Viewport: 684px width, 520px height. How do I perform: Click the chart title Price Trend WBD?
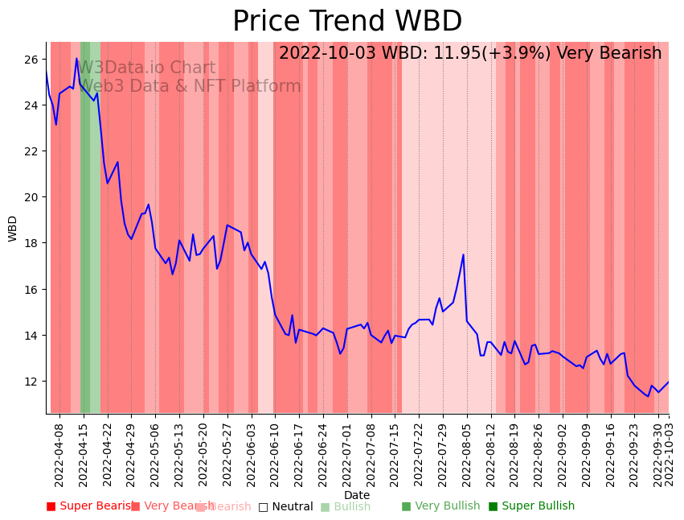pyautogui.click(x=347, y=22)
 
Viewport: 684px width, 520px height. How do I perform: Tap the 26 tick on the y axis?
pyautogui.click(x=31, y=60)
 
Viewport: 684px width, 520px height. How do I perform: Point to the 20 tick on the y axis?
pyautogui.click(x=31, y=197)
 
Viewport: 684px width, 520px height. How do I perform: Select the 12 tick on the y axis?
pyautogui.click(x=31, y=382)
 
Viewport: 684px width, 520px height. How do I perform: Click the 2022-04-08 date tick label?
pyautogui.click(x=59, y=455)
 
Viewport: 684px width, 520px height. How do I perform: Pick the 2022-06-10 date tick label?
pyautogui.click(x=275, y=455)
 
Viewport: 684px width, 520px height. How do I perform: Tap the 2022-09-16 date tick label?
pyautogui.click(x=610, y=455)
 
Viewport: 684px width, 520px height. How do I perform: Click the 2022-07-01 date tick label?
pyautogui.click(x=346, y=455)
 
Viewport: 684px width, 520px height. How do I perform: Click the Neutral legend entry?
pyautogui.click(x=285, y=507)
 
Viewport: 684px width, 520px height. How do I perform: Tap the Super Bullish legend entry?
pyautogui.click(x=531, y=506)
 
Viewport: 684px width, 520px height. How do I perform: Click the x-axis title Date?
pyautogui.click(x=357, y=496)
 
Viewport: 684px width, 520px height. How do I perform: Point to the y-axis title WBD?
pyautogui.click(x=13, y=229)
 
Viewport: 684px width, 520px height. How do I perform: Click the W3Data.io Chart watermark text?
pyautogui.click(x=146, y=68)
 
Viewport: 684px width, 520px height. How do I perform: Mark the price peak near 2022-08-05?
pyautogui.click(x=464, y=254)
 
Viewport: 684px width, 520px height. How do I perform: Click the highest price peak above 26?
pyautogui.click(x=77, y=59)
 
